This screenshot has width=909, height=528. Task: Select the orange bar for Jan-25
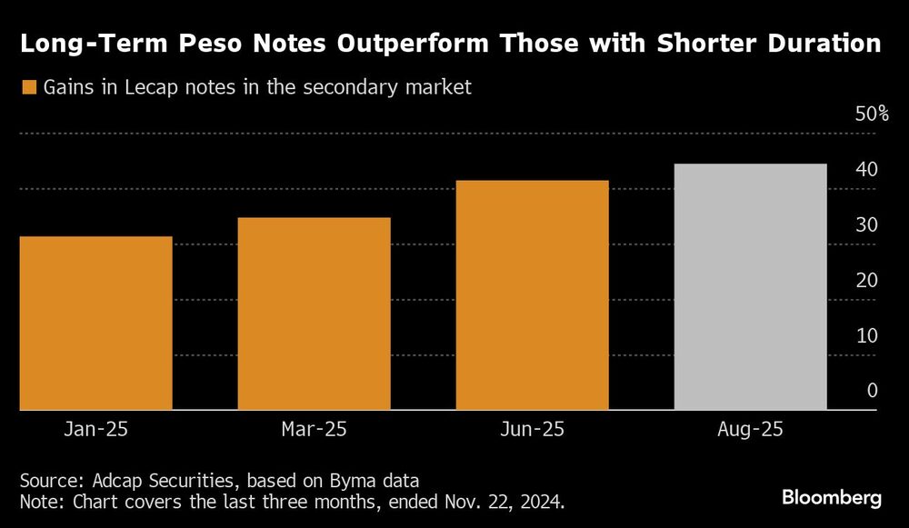point(95,323)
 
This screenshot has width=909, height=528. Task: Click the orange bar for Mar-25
point(314,314)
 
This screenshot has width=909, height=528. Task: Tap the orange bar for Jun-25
point(532,295)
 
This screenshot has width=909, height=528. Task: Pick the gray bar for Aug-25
point(750,287)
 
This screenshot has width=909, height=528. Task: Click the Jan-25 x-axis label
point(95,428)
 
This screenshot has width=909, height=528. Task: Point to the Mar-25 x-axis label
point(314,428)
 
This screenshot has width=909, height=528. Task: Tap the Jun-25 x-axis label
point(532,428)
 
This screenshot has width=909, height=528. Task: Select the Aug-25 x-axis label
point(750,428)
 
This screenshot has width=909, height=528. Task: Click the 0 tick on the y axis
point(871,391)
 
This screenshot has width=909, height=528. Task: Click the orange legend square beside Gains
point(28,88)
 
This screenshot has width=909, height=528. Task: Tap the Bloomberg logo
point(832,498)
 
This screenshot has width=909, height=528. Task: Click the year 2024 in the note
point(543,500)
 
